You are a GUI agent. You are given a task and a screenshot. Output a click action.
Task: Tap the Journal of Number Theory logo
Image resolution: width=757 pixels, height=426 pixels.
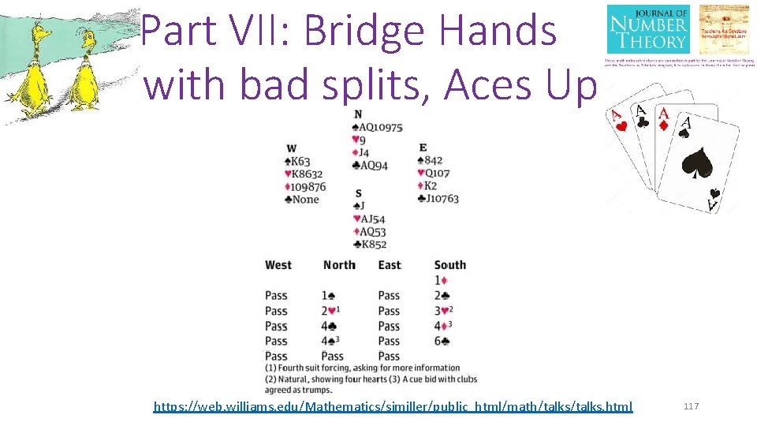click(x=648, y=30)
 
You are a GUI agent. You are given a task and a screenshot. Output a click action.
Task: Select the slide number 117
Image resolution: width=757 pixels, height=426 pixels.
click(x=691, y=406)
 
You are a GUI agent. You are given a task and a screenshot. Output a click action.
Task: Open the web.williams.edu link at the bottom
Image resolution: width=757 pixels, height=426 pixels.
click(x=393, y=407)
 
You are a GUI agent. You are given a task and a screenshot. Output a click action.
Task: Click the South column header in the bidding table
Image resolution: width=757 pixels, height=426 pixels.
click(x=449, y=265)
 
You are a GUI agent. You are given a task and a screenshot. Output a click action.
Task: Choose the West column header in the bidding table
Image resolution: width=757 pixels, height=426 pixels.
click(x=278, y=265)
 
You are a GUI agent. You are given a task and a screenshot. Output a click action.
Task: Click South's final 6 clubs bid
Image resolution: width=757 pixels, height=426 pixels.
click(x=442, y=341)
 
